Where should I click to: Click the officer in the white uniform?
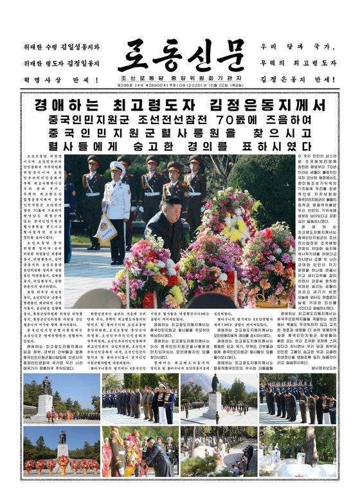pos(117,209)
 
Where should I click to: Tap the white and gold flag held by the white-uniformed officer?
pos(105,228)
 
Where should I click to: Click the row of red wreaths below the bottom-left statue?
pos(62,464)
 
